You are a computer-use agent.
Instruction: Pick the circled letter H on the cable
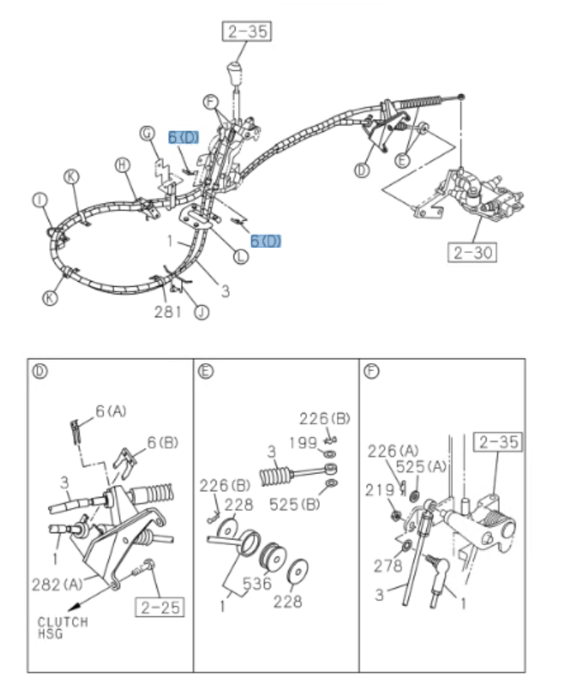(x=122, y=166)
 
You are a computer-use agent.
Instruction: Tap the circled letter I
(x=38, y=200)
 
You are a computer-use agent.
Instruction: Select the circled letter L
(x=240, y=256)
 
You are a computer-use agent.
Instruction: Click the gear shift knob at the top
(x=235, y=71)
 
